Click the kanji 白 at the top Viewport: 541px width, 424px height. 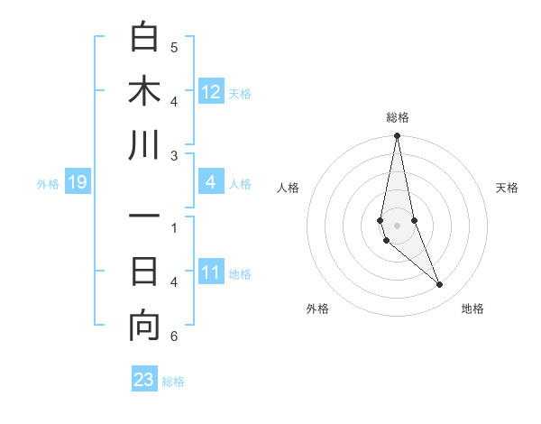tap(144, 38)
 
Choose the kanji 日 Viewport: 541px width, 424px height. tap(144, 271)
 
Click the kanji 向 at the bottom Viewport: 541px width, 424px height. tap(144, 326)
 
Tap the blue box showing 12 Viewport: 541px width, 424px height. tap(211, 92)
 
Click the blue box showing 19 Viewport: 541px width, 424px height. tap(77, 183)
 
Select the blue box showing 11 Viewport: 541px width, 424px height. tap(211, 273)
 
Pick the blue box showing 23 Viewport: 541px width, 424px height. tap(144, 380)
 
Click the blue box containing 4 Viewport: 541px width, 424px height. tap(211, 183)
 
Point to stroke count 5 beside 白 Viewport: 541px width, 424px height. tap(174, 48)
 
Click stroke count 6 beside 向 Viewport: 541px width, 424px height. tap(174, 336)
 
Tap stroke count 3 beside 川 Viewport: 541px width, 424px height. tap(174, 156)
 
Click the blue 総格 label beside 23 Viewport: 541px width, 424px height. tap(173, 382)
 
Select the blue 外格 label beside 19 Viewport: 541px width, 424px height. tap(48, 184)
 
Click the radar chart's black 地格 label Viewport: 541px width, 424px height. tap(472, 309)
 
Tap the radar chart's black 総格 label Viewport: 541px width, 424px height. tap(397, 117)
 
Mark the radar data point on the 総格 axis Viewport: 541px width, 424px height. tap(397, 136)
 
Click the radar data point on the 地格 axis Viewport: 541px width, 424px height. tap(440, 285)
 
